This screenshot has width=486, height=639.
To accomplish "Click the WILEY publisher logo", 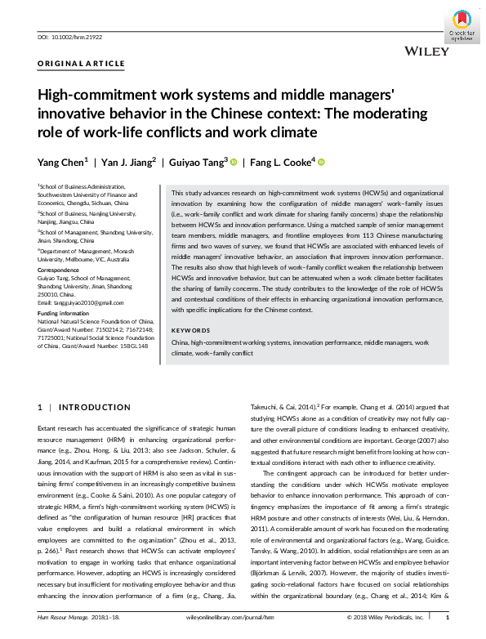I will point(425,51).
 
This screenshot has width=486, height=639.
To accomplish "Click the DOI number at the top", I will point(71,37).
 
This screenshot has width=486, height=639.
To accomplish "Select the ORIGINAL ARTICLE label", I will point(82,63).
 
